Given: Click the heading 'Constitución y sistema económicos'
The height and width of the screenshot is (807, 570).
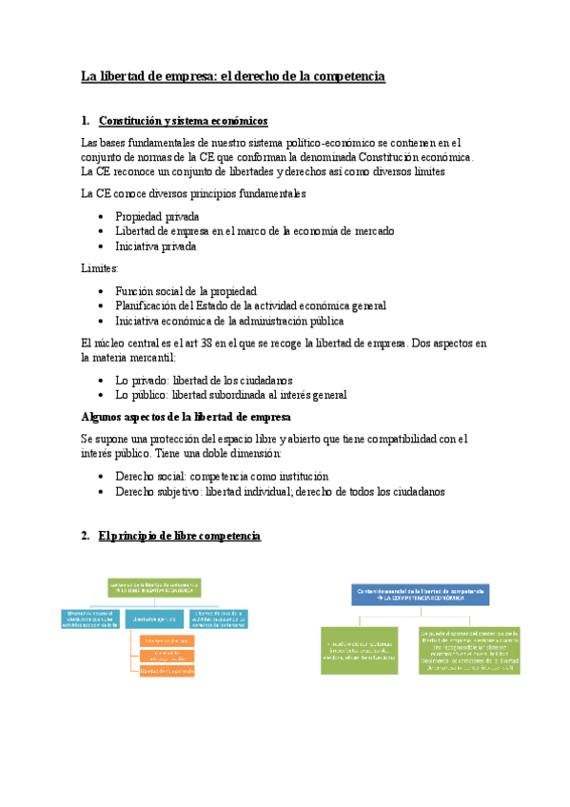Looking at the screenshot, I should [184, 121].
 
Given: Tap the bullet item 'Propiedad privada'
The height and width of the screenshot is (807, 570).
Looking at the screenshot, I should [157, 216].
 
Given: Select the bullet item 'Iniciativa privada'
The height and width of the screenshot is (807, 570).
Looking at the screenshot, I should [156, 246].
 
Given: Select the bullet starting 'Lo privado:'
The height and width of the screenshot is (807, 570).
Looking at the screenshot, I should [204, 379].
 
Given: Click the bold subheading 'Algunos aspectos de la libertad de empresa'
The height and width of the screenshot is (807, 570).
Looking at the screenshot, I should [187, 417].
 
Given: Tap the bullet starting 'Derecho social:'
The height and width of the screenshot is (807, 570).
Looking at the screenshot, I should [221, 476].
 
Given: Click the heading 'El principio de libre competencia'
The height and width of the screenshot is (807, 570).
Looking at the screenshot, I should [179, 537].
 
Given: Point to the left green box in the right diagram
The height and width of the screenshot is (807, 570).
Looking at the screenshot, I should [359, 650].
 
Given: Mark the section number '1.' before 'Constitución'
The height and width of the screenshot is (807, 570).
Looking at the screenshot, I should [87, 121].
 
